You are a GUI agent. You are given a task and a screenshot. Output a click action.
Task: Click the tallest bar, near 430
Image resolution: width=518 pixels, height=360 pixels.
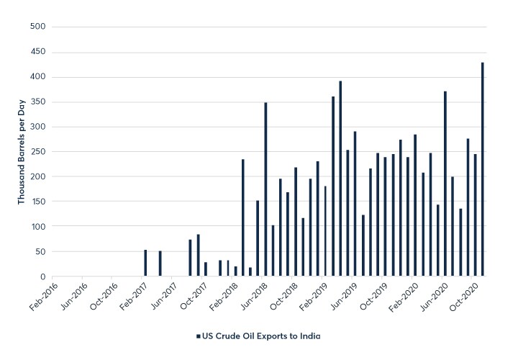pos(483,169)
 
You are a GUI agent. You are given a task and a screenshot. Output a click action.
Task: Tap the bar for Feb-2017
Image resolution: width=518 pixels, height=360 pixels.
pos(145,263)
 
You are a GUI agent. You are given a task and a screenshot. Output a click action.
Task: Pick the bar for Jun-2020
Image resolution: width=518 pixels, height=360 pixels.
pos(445,184)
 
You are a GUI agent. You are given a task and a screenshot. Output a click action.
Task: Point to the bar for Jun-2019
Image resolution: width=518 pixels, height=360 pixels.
pos(355,204)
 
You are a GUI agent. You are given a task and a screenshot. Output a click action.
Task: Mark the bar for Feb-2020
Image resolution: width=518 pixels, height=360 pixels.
pos(415,205)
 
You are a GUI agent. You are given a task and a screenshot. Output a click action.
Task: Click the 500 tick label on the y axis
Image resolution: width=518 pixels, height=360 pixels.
pos(37,27)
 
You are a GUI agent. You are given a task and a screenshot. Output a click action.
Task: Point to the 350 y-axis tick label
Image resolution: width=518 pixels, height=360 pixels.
pos(37,102)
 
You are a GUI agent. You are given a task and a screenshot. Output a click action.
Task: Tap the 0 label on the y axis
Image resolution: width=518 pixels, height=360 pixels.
pos(42,276)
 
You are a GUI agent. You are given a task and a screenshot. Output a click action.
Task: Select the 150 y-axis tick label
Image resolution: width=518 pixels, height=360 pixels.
pos(37,202)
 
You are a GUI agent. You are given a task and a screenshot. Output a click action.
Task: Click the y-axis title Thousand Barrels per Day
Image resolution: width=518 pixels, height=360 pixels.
pos(22,151)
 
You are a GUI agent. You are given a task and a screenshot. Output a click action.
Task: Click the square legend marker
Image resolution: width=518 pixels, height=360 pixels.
pos(198,336)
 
